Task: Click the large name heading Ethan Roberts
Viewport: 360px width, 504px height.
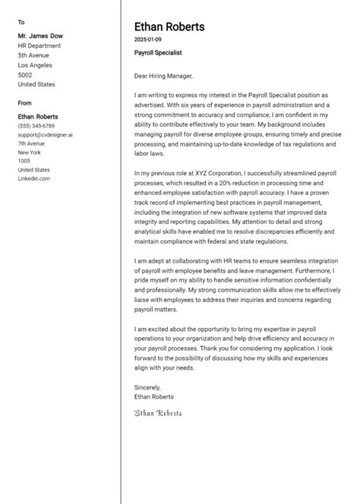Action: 169,27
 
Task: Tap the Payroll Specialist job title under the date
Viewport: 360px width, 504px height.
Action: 158,52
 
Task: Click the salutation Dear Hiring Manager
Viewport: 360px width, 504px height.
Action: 163,75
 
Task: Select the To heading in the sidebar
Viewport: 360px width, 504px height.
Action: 21,22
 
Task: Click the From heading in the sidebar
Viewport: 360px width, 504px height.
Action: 24,102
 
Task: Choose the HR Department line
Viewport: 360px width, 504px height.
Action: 39,46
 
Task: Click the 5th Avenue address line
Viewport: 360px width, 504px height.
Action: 33,55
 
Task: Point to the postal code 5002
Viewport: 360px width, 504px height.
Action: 25,75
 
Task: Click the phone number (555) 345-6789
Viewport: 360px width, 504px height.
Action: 36,125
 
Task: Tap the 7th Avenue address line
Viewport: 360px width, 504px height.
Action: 30,143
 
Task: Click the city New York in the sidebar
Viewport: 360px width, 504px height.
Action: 30,152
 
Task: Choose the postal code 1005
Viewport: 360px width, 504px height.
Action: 24,161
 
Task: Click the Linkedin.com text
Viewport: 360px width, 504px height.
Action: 33,178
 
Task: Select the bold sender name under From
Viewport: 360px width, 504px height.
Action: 38,116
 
